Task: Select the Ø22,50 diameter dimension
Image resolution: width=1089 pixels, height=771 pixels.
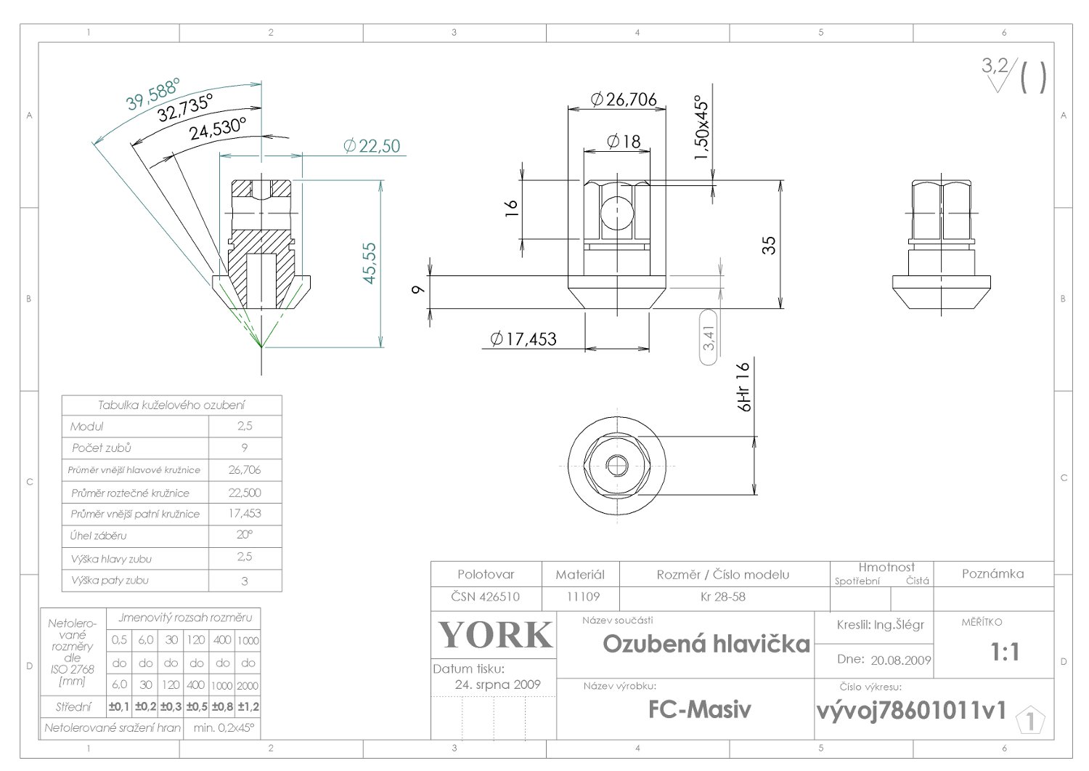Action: [x=371, y=146]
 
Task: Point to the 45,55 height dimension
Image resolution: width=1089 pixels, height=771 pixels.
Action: [x=370, y=262]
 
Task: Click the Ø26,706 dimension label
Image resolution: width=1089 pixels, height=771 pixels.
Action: [x=624, y=100]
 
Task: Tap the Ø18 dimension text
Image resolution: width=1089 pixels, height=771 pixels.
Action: [x=623, y=141]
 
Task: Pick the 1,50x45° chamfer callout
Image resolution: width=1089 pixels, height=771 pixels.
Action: [x=702, y=129]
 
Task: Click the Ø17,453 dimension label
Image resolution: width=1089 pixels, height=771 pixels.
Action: [x=523, y=339]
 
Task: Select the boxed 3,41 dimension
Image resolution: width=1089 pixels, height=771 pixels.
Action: [x=709, y=336]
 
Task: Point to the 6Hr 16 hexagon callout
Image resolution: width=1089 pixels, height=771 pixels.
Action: [x=743, y=388]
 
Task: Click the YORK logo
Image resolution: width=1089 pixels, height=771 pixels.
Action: [x=495, y=634]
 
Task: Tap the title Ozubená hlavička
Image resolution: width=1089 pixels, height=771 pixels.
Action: [x=706, y=644]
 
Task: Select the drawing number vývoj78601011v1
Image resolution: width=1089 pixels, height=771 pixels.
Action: [x=911, y=710]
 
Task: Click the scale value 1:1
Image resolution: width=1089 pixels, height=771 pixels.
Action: [x=1005, y=653]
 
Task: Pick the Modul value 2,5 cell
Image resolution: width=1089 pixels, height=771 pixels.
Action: [x=245, y=426]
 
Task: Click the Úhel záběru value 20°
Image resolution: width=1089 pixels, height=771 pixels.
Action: [x=245, y=535]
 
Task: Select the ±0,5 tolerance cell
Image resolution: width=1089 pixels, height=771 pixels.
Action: [x=196, y=706]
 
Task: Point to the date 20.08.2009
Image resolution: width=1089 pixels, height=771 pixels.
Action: [x=900, y=660]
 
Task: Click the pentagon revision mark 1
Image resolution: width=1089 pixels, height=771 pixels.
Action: [x=1030, y=722]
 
